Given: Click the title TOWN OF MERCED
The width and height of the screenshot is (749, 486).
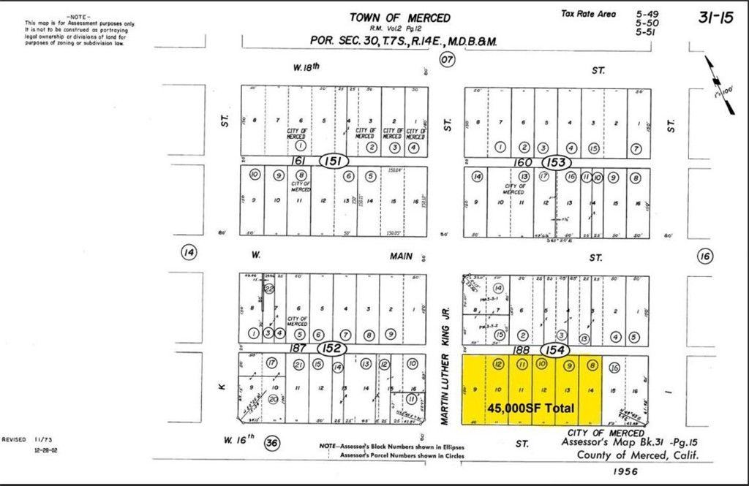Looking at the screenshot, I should [399, 18].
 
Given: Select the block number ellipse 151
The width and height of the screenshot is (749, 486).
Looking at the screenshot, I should [334, 160].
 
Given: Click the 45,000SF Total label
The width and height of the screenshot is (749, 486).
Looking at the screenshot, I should [530, 407].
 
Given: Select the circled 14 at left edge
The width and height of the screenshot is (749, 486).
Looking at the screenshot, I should [189, 253].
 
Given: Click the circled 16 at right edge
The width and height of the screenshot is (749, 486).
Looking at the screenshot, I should [704, 256].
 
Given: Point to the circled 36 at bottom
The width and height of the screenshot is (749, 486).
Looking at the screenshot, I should [272, 441].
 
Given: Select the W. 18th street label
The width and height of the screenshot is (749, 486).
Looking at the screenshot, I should [306, 68].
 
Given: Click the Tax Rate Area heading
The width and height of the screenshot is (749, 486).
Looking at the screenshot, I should [588, 14].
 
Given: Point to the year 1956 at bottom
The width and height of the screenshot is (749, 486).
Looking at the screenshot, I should [627, 471].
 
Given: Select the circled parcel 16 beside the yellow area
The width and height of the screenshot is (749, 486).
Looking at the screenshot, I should [614, 367].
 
